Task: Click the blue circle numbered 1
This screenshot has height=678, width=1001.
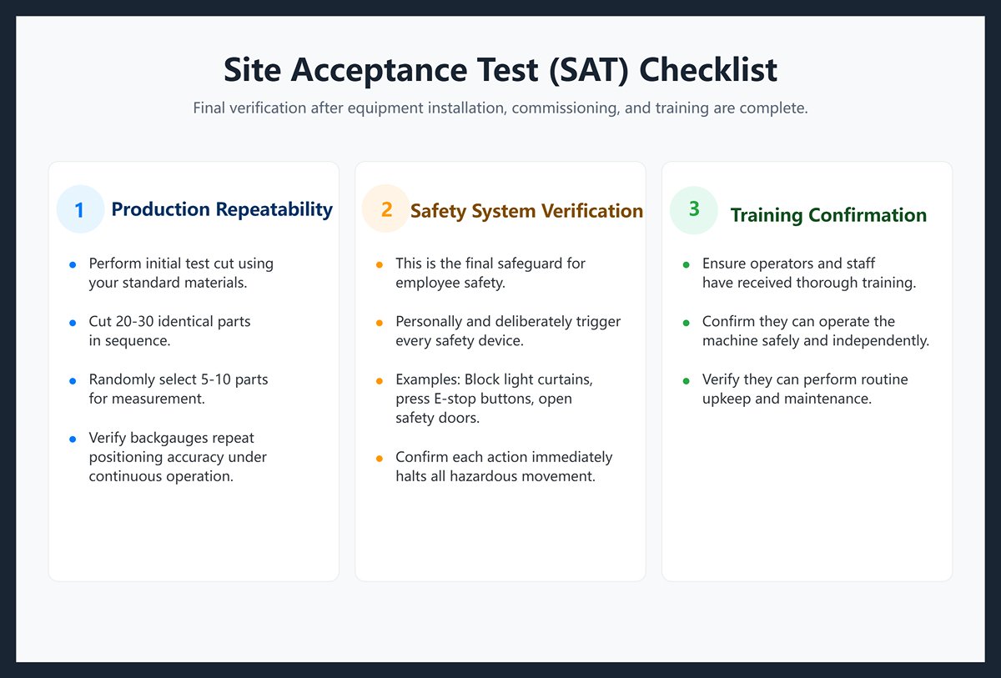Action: [79, 209]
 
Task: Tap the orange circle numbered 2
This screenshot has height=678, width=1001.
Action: [386, 208]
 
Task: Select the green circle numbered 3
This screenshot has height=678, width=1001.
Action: [694, 208]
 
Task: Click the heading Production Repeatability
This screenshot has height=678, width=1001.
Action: [222, 209]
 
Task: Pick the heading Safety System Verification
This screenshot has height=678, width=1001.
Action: [526, 211]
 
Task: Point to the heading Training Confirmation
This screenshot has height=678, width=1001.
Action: [828, 215]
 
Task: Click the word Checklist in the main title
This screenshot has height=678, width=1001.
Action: [708, 70]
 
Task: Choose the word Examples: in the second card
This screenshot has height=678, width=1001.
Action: [427, 379]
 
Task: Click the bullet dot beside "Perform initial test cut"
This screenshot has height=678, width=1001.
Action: [72, 264]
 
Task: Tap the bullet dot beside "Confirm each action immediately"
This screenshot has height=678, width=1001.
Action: [379, 458]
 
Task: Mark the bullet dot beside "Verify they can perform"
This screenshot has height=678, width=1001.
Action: [686, 380]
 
